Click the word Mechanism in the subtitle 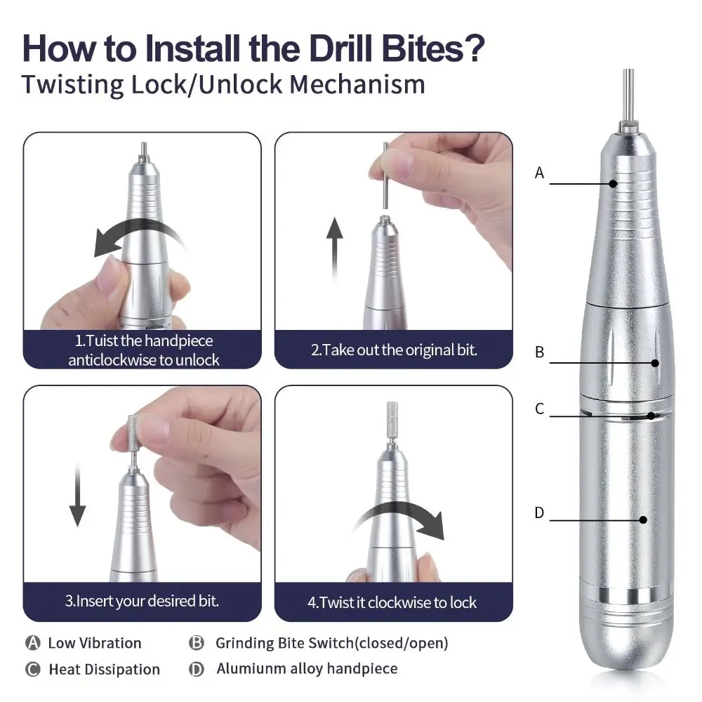pos(357,84)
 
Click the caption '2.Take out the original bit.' pos(394,350)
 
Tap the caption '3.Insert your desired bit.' pos(142,601)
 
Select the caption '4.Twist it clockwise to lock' pos(392,602)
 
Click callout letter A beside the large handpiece pos(539,173)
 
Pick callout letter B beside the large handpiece pos(539,352)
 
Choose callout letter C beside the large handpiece pos(539,409)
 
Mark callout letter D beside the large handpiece pos(539,512)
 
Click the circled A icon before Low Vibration pos(32,643)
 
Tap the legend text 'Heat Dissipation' pos(104,670)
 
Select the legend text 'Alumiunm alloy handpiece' pos(307,669)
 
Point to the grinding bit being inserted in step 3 pos(131,432)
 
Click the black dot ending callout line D pos(643,520)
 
